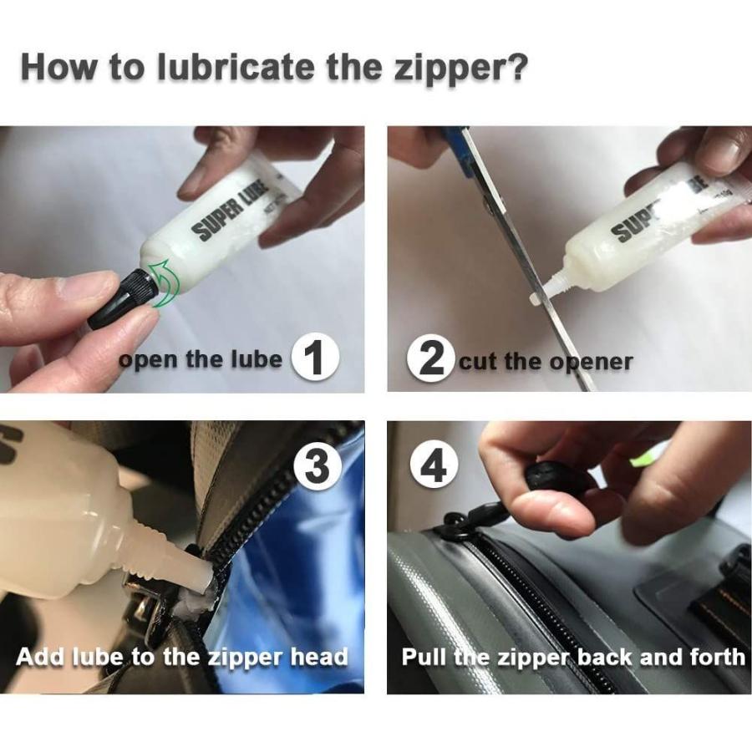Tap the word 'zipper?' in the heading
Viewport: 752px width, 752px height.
coord(460,69)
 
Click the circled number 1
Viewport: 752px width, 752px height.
coord(315,358)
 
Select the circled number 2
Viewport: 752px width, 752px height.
coord(431,358)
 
